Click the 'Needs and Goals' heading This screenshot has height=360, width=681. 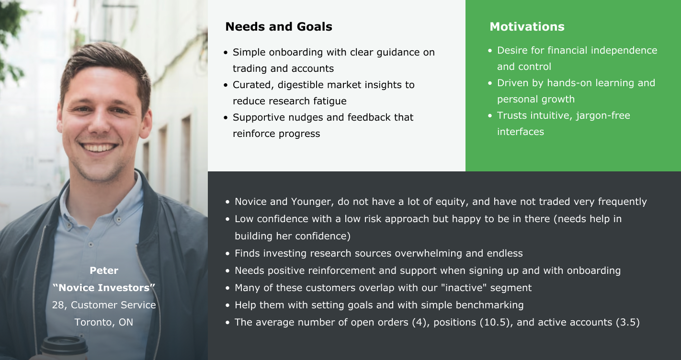[x=278, y=27]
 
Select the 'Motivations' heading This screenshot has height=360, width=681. [x=527, y=27]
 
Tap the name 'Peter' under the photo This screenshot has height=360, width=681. [x=104, y=270]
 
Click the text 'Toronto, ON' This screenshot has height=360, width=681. [x=104, y=322]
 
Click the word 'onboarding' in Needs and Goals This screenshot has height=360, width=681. [x=296, y=52]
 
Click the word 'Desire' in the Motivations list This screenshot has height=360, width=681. [x=512, y=50]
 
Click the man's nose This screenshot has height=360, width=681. [x=100, y=122]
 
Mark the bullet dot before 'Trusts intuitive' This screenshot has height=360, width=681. [x=490, y=115]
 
